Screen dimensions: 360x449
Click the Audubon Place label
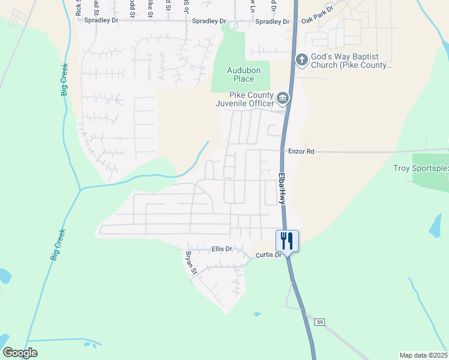(x=240, y=74)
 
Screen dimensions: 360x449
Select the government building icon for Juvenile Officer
(x=283, y=98)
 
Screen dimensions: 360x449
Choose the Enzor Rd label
(x=302, y=152)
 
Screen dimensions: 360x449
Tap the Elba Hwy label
(x=282, y=189)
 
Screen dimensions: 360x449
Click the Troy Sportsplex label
(x=421, y=169)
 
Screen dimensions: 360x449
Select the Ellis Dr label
(x=222, y=248)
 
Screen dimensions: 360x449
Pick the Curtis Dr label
(x=268, y=255)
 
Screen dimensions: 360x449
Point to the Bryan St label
(x=191, y=263)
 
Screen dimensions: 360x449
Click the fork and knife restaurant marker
(x=287, y=241)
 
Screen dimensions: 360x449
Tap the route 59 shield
(x=320, y=322)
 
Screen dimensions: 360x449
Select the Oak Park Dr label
(x=317, y=20)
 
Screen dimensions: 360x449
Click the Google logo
(x=20, y=352)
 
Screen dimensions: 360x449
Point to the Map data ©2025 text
(x=423, y=355)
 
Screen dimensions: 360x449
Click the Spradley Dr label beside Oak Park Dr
(x=273, y=22)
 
